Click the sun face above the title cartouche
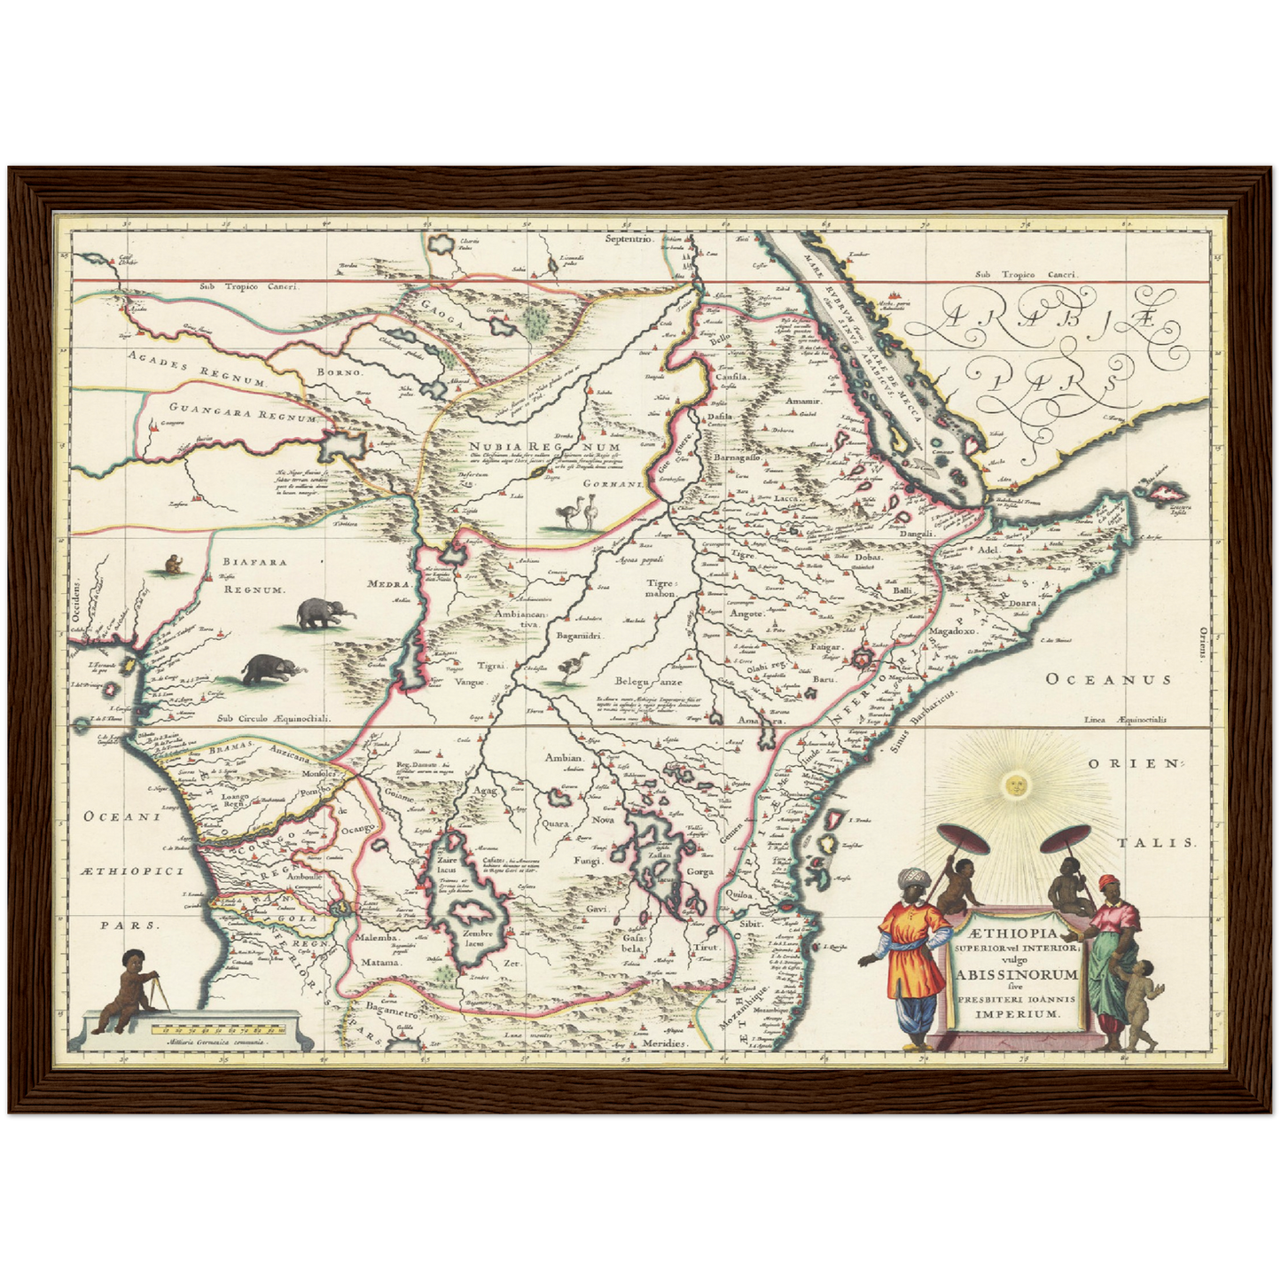(1017, 784)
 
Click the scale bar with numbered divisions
(218, 1030)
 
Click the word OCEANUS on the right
(1108, 679)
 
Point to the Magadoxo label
(951, 631)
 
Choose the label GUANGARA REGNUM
(229, 414)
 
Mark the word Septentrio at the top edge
(629, 239)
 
